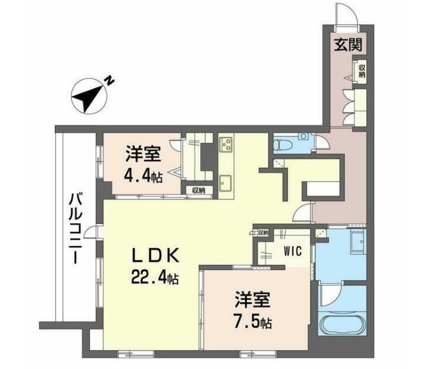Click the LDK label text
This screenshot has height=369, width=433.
click(x=154, y=255)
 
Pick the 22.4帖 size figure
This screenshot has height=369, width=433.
click(x=154, y=278)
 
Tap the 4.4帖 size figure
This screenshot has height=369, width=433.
click(x=143, y=177)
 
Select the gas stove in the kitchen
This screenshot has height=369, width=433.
click(x=226, y=145)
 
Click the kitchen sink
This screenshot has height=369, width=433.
click(x=226, y=181)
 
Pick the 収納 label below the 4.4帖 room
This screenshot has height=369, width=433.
click(x=196, y=190)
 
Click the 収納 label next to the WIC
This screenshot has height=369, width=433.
click(x=263, y=233)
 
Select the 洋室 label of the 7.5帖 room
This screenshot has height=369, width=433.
click(x=253, y=300)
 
